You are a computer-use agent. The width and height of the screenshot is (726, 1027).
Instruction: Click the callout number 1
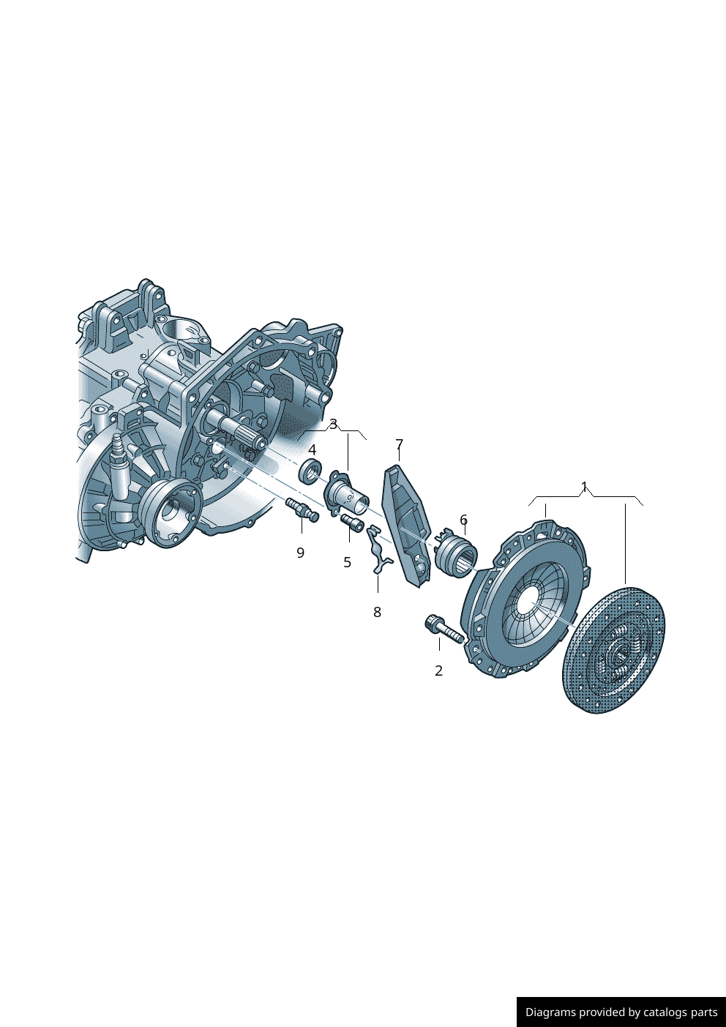[x=584, y=486]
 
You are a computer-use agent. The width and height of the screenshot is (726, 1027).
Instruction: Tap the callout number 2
[x=438, y=671]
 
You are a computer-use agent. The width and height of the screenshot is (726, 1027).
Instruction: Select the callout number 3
[x=334, y=425]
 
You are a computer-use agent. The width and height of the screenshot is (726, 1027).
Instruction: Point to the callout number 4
[x=312, y=449]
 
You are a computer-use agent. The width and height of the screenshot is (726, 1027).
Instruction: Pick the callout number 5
[x=347, y=562]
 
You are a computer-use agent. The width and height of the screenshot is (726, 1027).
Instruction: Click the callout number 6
[x=463, y=520]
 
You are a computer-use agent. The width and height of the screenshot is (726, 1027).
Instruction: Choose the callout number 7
[x=399, y=444]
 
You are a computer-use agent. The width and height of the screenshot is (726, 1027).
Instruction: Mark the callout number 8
[x=377, y=612]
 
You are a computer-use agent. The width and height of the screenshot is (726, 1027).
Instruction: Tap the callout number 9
[x=300, y=553]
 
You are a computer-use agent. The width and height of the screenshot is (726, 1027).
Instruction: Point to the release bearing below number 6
[x=454, y=553]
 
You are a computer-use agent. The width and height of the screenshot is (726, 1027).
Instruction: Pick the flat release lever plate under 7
[x=406, y=523]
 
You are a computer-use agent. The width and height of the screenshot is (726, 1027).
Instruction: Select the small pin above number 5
[x=352, y=523]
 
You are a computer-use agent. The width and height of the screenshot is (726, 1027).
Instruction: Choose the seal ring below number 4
[x=310, y=471]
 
